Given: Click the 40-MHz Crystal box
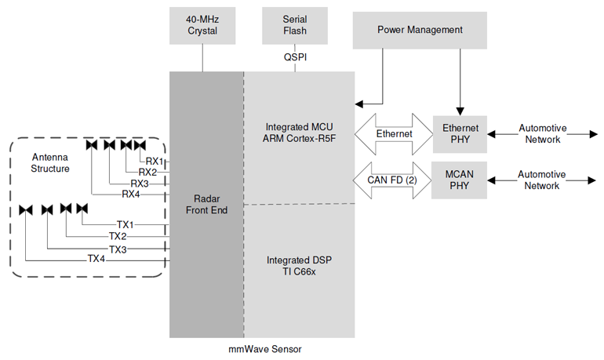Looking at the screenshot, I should click(x=202, y=25).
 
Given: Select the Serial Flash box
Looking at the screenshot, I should click(x=294, y=25).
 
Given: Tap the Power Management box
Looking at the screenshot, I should click(x=420, y=30).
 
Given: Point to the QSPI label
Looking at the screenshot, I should click(x=295, y=57).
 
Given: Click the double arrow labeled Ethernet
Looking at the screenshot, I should click(x=395, y=133).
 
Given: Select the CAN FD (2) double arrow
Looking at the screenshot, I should click(x=395, y=180).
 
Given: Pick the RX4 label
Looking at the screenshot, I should click(x=131, y=194).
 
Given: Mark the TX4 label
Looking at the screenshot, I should click(x=96, y=260).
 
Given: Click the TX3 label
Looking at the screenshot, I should click(x=118, y=249).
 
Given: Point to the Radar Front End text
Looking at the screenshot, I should click(x=206, y=203).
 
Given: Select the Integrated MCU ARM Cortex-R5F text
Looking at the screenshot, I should click(x=300, y=133).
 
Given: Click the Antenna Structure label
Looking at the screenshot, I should click(x=50, y=162).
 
